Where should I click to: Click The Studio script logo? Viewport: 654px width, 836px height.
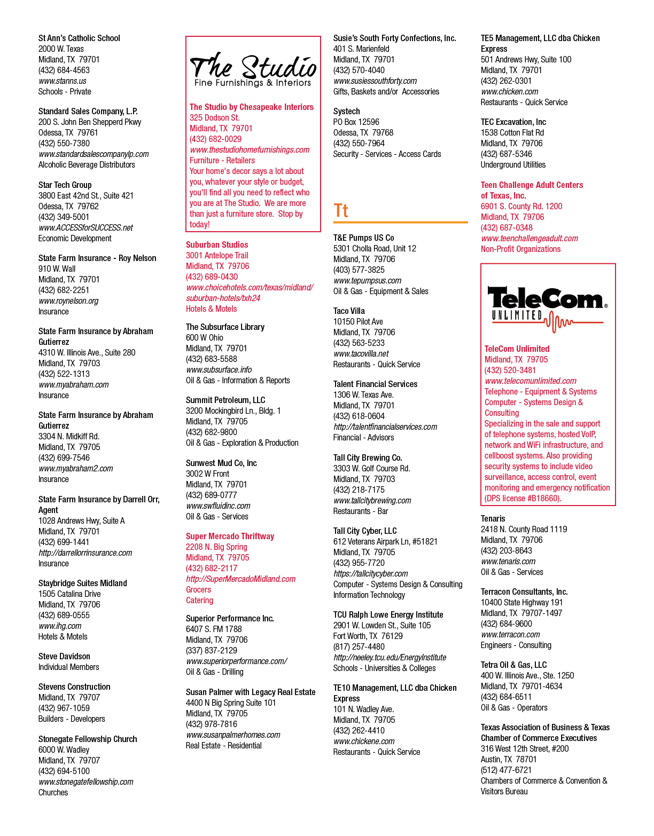253,69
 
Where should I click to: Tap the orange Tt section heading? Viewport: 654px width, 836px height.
341,210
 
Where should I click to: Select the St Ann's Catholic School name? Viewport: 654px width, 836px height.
79,38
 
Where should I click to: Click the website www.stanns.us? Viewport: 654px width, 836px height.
63,81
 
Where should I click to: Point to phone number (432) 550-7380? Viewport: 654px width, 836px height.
64,143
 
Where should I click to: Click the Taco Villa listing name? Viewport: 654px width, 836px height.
349,311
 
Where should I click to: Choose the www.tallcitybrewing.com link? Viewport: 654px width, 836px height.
372,501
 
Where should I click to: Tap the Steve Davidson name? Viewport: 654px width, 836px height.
64,656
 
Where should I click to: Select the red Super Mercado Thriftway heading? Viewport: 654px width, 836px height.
230,537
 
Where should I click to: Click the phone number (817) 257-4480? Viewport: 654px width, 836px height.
359,646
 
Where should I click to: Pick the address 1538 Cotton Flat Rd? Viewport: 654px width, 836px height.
512,133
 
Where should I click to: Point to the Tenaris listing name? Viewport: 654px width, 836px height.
493,518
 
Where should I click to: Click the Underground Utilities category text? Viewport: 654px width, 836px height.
513,164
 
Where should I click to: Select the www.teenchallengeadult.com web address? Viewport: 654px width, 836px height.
530,239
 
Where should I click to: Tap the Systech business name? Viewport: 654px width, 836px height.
346,112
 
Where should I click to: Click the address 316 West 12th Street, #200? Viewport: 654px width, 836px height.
524,748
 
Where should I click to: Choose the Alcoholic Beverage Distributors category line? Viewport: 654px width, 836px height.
87,164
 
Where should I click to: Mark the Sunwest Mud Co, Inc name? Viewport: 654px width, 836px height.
221,463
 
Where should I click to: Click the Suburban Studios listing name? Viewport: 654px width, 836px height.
217,245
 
